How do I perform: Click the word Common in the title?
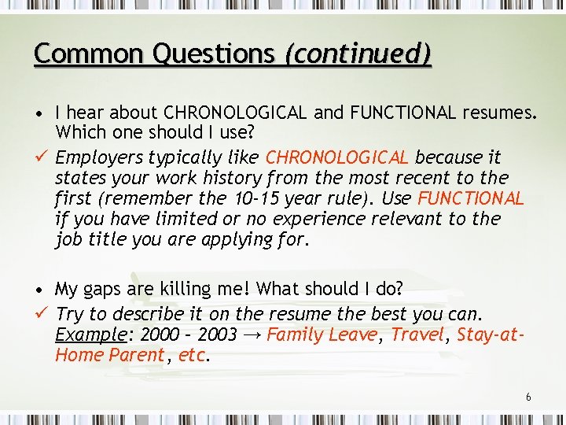[75, 54]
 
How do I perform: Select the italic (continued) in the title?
[358, 54]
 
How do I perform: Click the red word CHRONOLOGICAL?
[338, 157]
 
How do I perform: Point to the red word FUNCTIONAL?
[471, 198]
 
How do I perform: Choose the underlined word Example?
[90, 334]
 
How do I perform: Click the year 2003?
[216, 334]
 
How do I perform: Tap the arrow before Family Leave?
[253, 334]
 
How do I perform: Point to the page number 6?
[528, 397]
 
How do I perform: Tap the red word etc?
[192, 356]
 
